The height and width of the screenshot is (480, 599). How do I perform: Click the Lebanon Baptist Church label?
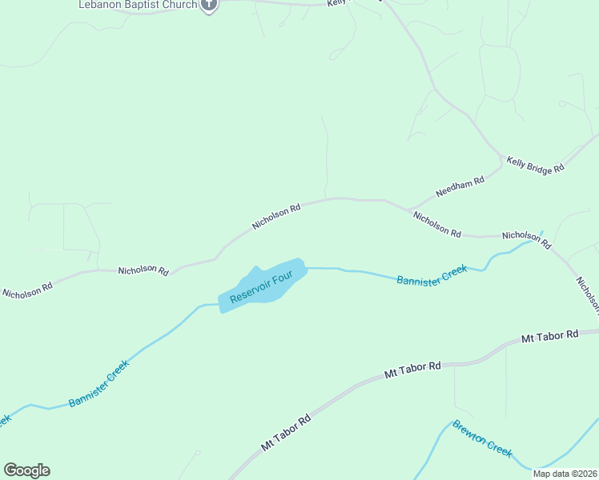point(138,4)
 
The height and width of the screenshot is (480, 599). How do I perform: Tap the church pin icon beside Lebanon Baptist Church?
point(209,5)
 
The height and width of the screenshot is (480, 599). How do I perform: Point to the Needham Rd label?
point(460,187)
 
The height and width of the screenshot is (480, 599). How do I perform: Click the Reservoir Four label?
point(267,287)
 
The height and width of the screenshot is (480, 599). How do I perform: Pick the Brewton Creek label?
point(482,438)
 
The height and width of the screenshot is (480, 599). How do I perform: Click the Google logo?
point(27,470)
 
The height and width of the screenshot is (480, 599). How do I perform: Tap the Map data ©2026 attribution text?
point(565,474)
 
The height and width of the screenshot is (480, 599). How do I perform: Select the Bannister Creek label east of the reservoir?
point(432,275)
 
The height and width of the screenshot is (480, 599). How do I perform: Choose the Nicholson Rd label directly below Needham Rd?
point(436,223)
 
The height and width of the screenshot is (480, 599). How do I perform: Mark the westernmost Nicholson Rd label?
point(27,289)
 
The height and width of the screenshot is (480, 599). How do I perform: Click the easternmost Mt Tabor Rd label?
point(549,337)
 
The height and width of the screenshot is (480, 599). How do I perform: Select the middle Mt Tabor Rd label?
point(412,370)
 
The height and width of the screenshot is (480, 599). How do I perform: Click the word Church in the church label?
point(177,4)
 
